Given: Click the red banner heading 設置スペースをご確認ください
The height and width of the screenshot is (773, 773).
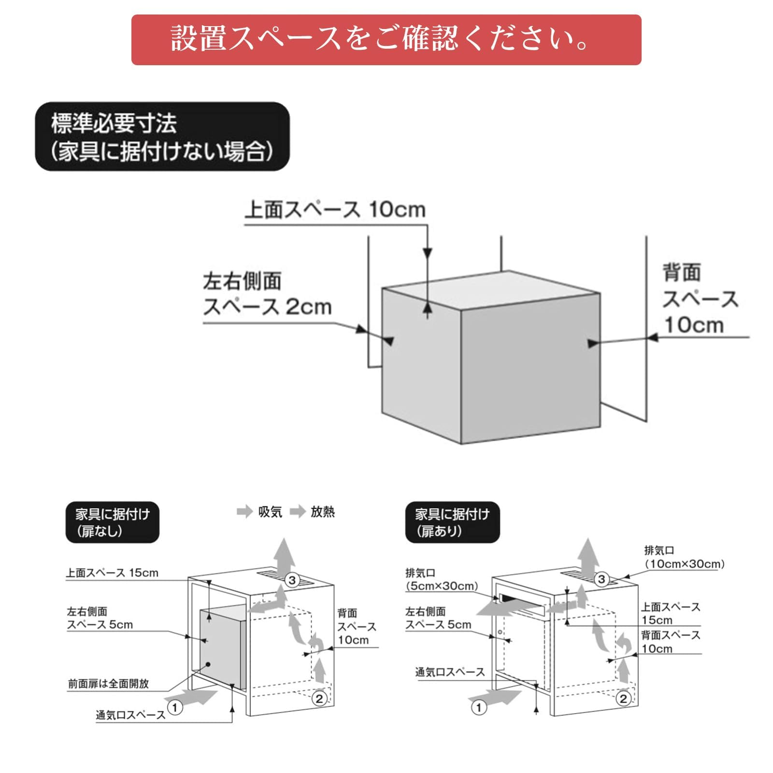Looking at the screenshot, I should click(x=386, y=40).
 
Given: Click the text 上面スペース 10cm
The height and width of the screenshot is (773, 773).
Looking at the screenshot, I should click(x=335, y=210).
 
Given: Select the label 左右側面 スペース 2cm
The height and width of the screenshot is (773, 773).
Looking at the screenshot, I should click(x=267, y=294).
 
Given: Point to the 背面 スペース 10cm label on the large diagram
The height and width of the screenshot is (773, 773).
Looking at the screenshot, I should click(x=699, y=299).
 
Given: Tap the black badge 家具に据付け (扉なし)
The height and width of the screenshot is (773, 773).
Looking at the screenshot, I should click(x=112, y=522).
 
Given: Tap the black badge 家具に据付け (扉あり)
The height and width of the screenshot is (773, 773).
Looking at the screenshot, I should click(x=452, y=522).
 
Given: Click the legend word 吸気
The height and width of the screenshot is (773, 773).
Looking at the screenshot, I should click(x=270, y=512).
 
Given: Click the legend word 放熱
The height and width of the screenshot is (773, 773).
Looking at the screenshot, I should click(x=322, y=512).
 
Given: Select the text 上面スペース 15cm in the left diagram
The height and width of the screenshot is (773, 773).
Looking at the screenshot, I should click(x=112, y=573).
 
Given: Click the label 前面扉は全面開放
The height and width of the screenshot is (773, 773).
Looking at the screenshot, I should click(x=108, y=684).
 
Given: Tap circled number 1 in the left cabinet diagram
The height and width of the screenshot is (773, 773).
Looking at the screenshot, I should click(x=175, y=708).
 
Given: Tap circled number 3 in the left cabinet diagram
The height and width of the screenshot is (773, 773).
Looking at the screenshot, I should click(x=292, y=580).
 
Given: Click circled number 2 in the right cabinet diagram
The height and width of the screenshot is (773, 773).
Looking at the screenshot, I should click(x=623, y=699).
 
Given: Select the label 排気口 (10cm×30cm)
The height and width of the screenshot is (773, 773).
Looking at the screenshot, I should click(x=684, y=557).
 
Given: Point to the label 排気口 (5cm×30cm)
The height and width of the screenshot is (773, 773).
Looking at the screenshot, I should click(x=441, y=579).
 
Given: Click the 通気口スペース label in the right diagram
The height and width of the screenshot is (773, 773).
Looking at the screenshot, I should click(x=449, y=672).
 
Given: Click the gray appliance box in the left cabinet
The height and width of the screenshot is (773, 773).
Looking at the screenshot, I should click(x=220, y=647).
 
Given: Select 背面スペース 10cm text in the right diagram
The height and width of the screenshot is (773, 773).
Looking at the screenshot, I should click(x=670, y=642).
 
